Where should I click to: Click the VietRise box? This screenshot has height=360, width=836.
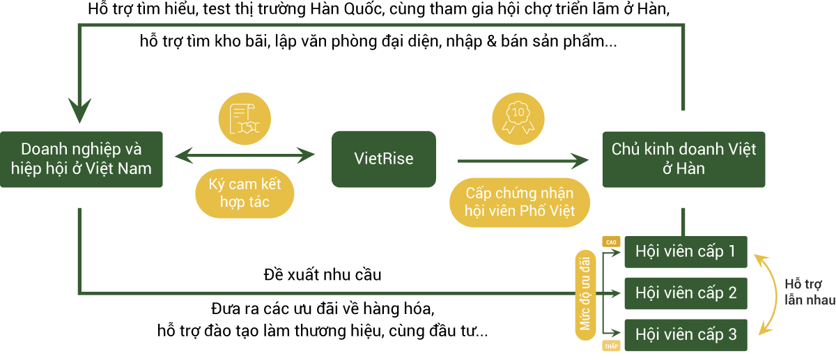tap(383, 159)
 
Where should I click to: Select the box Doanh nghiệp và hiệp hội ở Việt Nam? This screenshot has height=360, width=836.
tap(82, 159)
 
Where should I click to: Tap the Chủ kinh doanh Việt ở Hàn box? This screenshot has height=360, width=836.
tap(683, 159)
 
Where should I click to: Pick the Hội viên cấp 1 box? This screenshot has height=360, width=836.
tap(686, 251)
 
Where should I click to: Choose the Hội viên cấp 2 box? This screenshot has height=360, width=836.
tap(686, 293)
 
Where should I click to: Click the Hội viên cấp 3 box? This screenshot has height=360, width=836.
tap(686, 335)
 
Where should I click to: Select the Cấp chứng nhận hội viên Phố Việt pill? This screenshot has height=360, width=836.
tap(520, 201)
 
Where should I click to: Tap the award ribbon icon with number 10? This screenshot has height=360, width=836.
tap(518, 116)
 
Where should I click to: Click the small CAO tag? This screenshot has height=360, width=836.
tap(612, 242)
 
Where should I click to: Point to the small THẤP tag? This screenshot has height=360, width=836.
tap(612, 346)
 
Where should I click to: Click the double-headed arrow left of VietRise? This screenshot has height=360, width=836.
tap(245, 155)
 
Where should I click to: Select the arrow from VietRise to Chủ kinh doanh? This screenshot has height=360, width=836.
tap(522, 162)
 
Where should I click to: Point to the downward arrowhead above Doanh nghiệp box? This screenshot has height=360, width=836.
tap(80, 111)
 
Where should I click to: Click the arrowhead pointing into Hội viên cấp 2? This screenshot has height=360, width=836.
tap(616, 293)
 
